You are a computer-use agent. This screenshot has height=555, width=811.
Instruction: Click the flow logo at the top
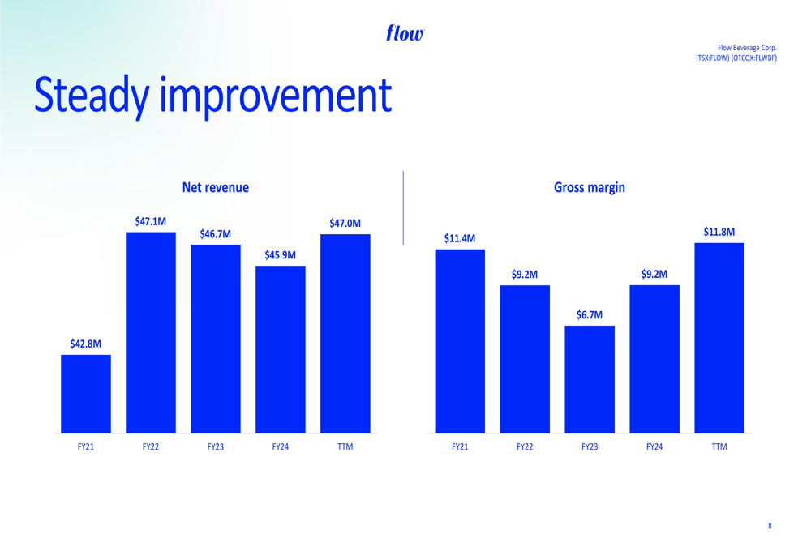tap(405, 33)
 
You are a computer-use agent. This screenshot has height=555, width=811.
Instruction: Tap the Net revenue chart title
tap(215, 187)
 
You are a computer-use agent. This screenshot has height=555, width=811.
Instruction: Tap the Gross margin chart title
tap(589, 187)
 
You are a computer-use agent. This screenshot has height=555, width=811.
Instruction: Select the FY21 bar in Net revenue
tap(86, 394)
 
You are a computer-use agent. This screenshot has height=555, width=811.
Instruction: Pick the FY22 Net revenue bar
tap(151, 333)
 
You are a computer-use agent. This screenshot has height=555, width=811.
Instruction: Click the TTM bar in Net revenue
tap(345, 334)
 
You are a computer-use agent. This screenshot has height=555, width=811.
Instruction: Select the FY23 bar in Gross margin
tap(590, 379)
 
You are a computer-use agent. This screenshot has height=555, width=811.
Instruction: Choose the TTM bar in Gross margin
tap(719, 338)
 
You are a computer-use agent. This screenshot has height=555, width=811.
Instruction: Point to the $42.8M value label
tap(86, 344)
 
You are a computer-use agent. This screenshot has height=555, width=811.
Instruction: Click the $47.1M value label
tap(151, 222)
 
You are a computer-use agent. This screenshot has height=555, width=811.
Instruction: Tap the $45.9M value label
tap(281, 254)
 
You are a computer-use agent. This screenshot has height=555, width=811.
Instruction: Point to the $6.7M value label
tap(590, 314)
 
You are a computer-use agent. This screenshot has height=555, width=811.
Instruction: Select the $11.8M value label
tap(719, 232)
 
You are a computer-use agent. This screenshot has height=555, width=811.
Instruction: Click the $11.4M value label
tap(460, 238)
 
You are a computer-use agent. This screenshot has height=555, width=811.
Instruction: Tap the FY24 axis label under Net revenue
tap(281, 446)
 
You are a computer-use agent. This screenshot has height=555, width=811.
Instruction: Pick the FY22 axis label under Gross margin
tap(525, 446)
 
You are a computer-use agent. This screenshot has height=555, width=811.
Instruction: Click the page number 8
tap(770, 526)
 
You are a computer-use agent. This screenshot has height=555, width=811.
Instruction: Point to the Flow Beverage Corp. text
tap(747, 48)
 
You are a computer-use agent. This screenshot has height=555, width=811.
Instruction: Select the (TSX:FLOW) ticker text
tap(712, 58)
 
